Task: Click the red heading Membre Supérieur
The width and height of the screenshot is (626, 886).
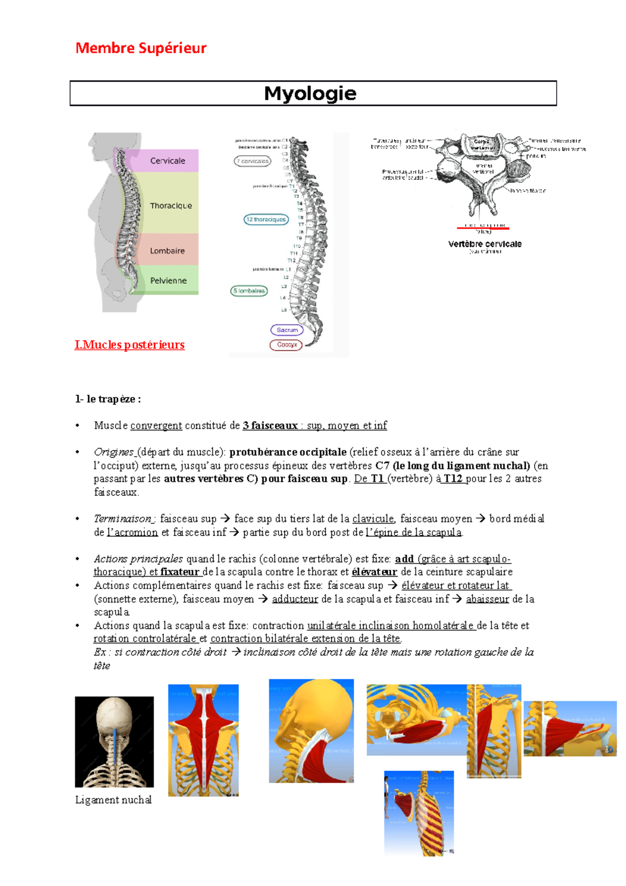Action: coord(141,48)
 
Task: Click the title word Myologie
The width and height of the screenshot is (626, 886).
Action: coord(310,93)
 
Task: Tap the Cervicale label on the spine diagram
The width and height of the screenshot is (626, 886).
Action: coord(167,161)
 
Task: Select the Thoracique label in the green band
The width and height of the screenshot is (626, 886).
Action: coord(171,206)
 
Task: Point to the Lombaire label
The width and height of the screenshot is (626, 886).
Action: coord(167,251)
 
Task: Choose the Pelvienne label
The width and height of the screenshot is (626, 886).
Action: coord(168,281)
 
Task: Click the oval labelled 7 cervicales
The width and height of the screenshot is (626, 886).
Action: coord(252,161)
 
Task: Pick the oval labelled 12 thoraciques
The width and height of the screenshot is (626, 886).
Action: coord(266,220)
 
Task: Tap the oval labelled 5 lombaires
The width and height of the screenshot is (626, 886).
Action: coord(249,291)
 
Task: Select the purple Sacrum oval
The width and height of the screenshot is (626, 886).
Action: coord(287,330)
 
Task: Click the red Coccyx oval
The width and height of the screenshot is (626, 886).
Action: coord(286,345)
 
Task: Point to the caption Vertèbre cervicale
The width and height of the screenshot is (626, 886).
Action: coord(485,244)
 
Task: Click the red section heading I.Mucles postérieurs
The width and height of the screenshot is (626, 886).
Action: coord(129,345)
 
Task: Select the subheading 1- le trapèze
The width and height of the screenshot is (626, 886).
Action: coord(107,399)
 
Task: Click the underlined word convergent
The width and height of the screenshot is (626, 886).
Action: coord(156,426)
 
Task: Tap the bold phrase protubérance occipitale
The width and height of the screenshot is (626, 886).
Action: coord(287,452)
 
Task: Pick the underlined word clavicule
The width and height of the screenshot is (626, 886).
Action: coord(373,519)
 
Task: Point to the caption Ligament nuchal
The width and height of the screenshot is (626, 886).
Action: coord(113,800)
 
